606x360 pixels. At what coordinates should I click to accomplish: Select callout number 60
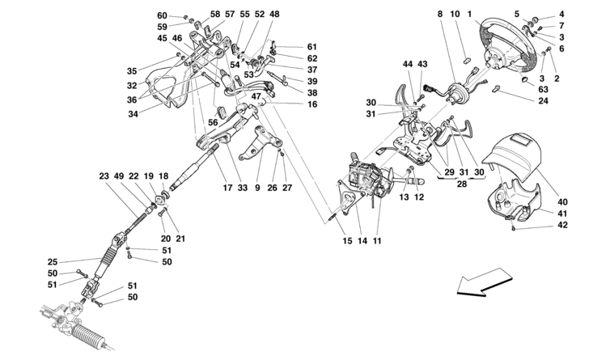click(x=162, y=16)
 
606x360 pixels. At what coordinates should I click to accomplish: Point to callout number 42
click(x=562, y=227)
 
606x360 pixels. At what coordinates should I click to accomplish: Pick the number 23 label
click(x=104, y=176)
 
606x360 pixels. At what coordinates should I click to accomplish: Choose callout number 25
click(x=53, y=261)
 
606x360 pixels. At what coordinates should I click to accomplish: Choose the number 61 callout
click(x=312, y=46)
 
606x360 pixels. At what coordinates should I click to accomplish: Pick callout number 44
click(x=409, y=65)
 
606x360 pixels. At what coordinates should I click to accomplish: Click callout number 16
click(x=312, y=104)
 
